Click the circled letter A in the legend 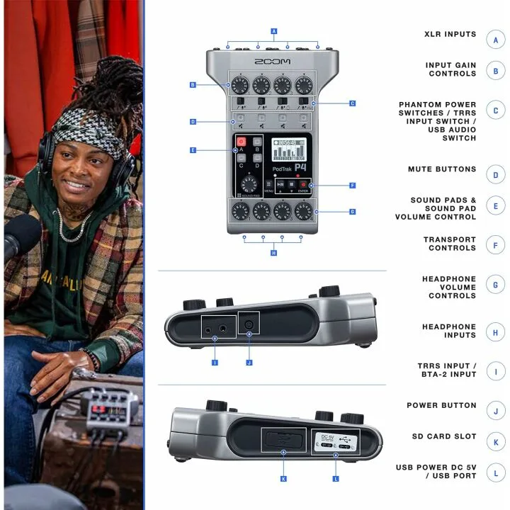[x=496, y=39]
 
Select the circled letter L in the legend [x=496, y=472]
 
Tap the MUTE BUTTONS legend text [x=442, y=170]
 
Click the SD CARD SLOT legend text [x=444, y=436]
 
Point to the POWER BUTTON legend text [x=441, y=406]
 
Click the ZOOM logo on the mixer [x=273, y=62]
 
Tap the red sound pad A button [x=241, y=141]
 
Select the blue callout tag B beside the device [x=193, y=85]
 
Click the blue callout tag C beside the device [x=352, y=103]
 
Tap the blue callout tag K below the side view [x=283, y=480]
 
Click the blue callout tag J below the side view [x=249, y=363]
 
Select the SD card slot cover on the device [x=283, y=439]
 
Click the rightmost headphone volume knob [x=304, y=210]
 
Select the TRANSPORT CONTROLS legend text [x=450, y=244]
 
